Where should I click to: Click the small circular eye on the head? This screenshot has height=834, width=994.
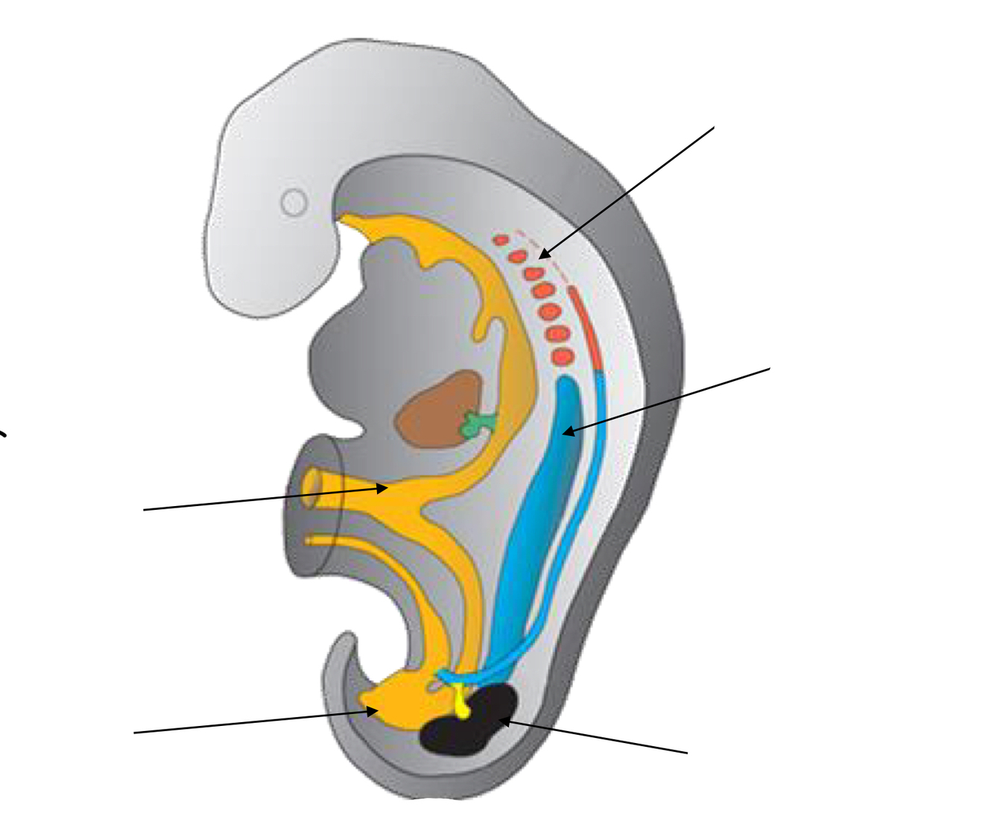pyautogui.click(x=294, y=202)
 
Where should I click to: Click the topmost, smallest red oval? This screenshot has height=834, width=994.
pyautogui.click(x=501, y=240)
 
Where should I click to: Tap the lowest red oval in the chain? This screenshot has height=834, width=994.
pyautogui.click(x=563, y=357)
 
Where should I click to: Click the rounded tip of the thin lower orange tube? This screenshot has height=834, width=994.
pyautogui.click(x=309, y=540)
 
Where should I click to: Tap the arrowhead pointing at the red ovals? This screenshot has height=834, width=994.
pyautogui.click(x=542, y=256)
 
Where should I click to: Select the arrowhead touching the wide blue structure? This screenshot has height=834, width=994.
pyautogui.click(x=567, y=431)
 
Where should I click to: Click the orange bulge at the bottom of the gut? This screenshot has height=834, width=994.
pyautogui.click(x=399, y=701)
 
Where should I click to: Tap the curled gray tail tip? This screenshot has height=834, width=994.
pyautogui.click(x=344, y=642)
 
